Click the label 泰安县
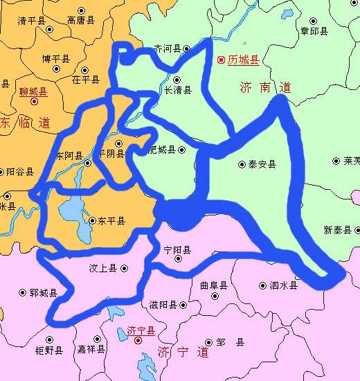click(263, 165)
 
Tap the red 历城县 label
click(244, 61)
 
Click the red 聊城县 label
click(33, 91)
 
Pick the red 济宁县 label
click(142, 331)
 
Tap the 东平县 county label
click(111, 221)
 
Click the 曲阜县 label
click(213, 285)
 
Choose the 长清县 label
click(177, 89)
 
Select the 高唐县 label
click(81, 21)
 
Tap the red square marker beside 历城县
click(222, 61)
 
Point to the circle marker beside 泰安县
click(242, 165)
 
